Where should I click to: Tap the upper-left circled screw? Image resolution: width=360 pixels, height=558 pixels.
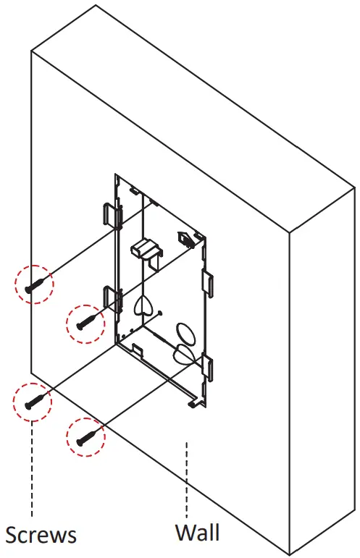click(x=35, y=283)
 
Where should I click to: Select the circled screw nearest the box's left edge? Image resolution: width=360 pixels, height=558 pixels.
click(x=85, y=319)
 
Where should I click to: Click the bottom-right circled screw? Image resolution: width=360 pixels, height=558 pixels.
click(x=85, y=436)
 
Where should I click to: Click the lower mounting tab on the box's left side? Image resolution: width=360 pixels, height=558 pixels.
click(x=110, y=296)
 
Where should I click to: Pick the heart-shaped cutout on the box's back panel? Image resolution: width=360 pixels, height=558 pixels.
click(x=143, y=305)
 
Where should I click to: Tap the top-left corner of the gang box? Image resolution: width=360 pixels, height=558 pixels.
click(x=117, y=177)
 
